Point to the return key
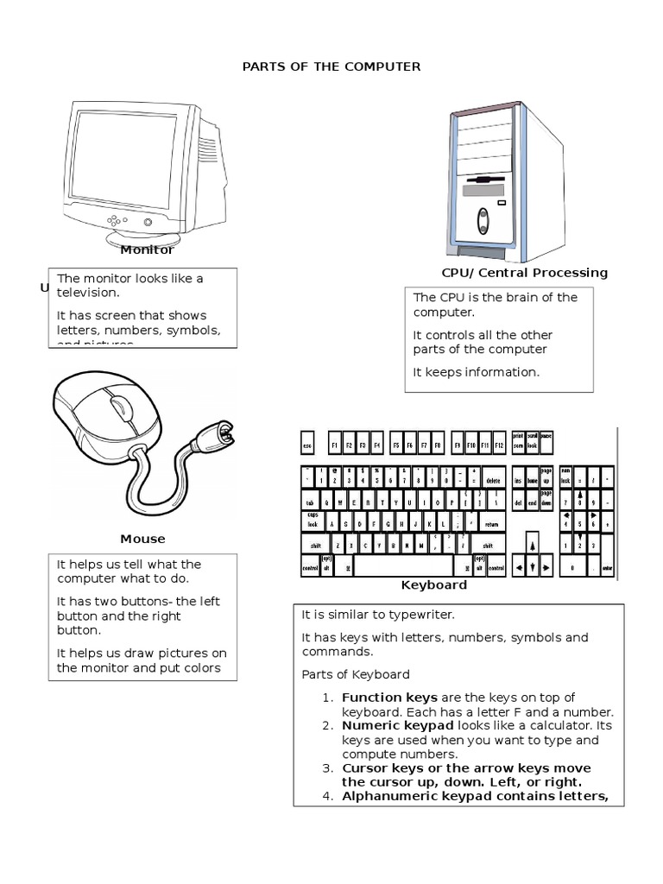coord(491,523)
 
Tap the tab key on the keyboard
coord(309,502)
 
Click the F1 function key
coord(335,445)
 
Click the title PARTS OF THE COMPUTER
coord(331,66)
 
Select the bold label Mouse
coord(142,539)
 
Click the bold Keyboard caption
coord(434,584)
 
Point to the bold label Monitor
coord(147,249)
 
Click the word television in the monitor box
coord(87,293)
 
